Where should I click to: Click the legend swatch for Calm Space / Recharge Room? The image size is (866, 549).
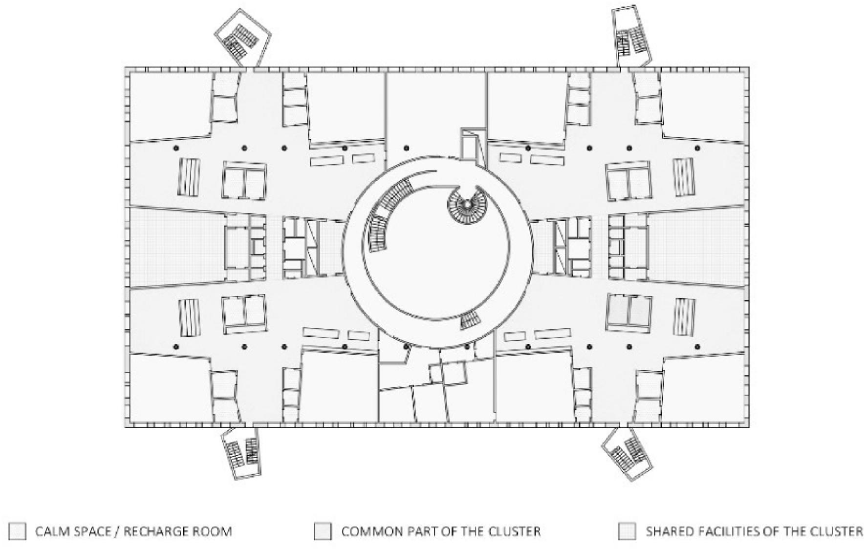[19, 531]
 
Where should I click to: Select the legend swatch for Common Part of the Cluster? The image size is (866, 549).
[323, 531]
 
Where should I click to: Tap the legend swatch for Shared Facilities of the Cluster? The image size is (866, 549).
[627, 531]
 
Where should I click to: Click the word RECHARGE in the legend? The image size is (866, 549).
[156, 531]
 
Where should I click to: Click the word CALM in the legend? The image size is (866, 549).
[51, 531]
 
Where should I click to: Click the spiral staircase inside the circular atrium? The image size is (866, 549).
[467, 205]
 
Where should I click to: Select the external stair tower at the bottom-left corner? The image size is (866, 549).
[241, 452]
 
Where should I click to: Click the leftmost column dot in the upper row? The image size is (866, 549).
[176, 148]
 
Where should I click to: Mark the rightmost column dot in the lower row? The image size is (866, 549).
[697, 347]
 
